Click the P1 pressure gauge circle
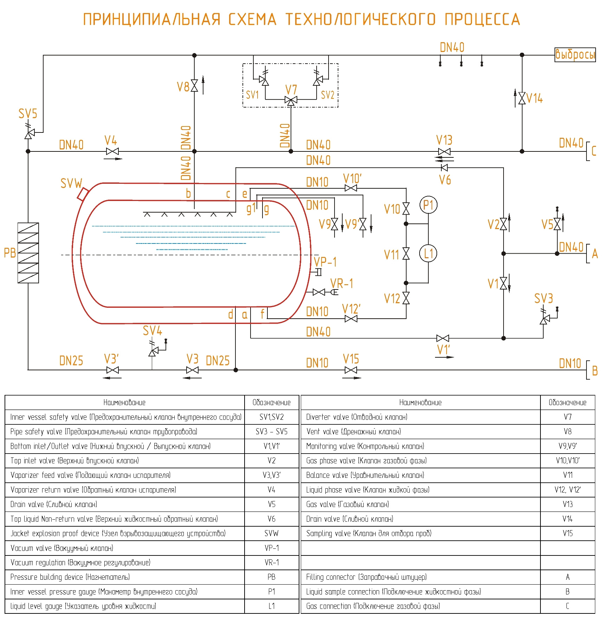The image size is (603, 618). tap(428, 205)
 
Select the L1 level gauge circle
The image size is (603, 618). tap(428, 254)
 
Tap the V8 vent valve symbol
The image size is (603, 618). tap(194, 85)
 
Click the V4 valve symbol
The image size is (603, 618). tap(112, 151)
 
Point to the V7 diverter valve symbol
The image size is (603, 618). tap(291, 100)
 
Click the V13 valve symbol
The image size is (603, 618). tap(445, 152)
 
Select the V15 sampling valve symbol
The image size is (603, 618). tap(351, 370)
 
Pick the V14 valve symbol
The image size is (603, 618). tap(522, 98)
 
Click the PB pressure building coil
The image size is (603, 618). tap(28, 253)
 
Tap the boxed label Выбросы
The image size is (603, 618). tap(575, 55)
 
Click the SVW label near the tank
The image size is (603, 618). tap(71, 183)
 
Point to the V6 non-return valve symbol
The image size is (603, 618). tap(445, 168)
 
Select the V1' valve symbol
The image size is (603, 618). tap(443, 338)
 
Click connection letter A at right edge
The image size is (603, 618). tap(595, 254)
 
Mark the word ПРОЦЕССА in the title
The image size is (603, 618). tap(482, 19)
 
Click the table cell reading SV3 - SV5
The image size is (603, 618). tap(271, 431)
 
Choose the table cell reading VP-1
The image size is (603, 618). tap(271, 548)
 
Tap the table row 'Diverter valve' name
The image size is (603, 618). tap(357, 417)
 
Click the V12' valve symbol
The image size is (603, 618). tap(351, 319)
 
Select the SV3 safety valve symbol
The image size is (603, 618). tap(544, 320)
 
